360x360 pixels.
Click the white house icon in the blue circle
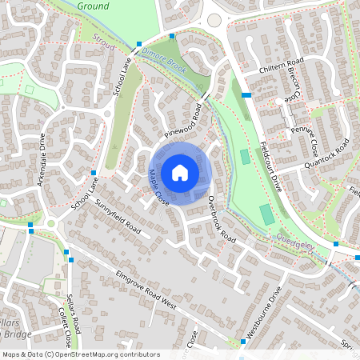[x=180, y=172]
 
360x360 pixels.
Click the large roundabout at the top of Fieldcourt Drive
[x=214, y=20]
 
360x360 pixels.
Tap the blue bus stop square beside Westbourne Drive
[x=242, y=342]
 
